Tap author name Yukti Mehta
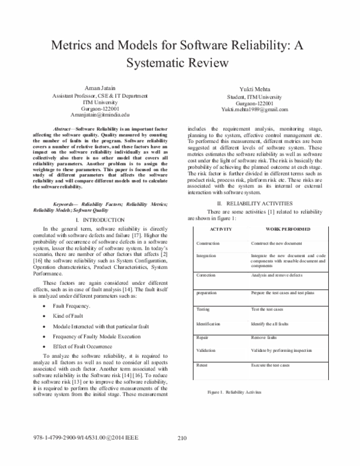254,88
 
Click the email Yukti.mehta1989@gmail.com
254,109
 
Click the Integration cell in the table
207,255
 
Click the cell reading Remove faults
265,337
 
